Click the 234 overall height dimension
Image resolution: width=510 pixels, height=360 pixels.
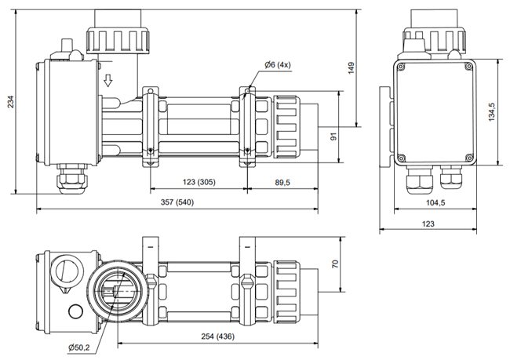point(10,102)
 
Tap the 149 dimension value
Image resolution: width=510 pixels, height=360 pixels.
point(352,68)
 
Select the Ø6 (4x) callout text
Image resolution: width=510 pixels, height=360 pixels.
point(278,65)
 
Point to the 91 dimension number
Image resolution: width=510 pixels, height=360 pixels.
point(333,136)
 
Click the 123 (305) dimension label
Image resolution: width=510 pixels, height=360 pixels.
point(199,182)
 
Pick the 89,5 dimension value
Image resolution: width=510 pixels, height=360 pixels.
point(282,183)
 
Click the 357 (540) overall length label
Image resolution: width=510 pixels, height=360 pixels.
point(177,202)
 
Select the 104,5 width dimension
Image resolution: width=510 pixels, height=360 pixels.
point(435,202)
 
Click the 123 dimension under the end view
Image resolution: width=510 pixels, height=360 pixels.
point(428,224)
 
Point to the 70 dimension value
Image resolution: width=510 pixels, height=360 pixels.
point(335,264)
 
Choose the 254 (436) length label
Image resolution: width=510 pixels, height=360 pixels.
point(217,336)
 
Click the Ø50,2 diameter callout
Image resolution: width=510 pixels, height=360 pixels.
point(79,347)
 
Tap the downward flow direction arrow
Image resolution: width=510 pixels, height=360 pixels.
point(108,80)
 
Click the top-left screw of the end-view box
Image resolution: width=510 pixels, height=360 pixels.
point(401,67)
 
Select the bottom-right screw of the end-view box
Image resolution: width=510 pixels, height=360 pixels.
point(468,158)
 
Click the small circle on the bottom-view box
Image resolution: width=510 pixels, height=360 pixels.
point(76,311)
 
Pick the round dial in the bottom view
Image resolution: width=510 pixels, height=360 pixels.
point(67,272)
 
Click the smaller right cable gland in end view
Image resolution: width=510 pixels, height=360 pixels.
point(451,177)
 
